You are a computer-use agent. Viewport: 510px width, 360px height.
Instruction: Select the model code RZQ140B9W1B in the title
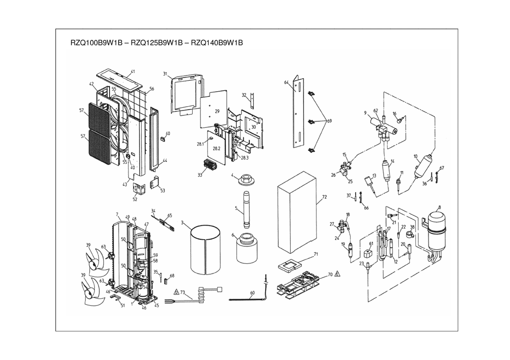pos(217,43)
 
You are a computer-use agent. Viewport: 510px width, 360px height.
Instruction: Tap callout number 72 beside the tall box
pos(324,197)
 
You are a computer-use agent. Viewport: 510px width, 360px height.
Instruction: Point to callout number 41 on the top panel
pos(133,72)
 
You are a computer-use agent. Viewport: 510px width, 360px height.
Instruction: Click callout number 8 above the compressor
pos(439,208)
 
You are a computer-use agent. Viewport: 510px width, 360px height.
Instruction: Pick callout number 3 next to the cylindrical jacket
pos(182,223)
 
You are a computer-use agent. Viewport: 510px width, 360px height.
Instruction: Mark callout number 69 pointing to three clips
pos(330,121)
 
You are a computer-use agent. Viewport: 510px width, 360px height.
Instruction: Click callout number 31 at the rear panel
pos(165,74)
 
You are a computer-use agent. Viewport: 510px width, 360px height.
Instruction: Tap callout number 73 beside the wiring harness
pos(183,292)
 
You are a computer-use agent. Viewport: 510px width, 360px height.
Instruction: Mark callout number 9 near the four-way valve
pos(365,112)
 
